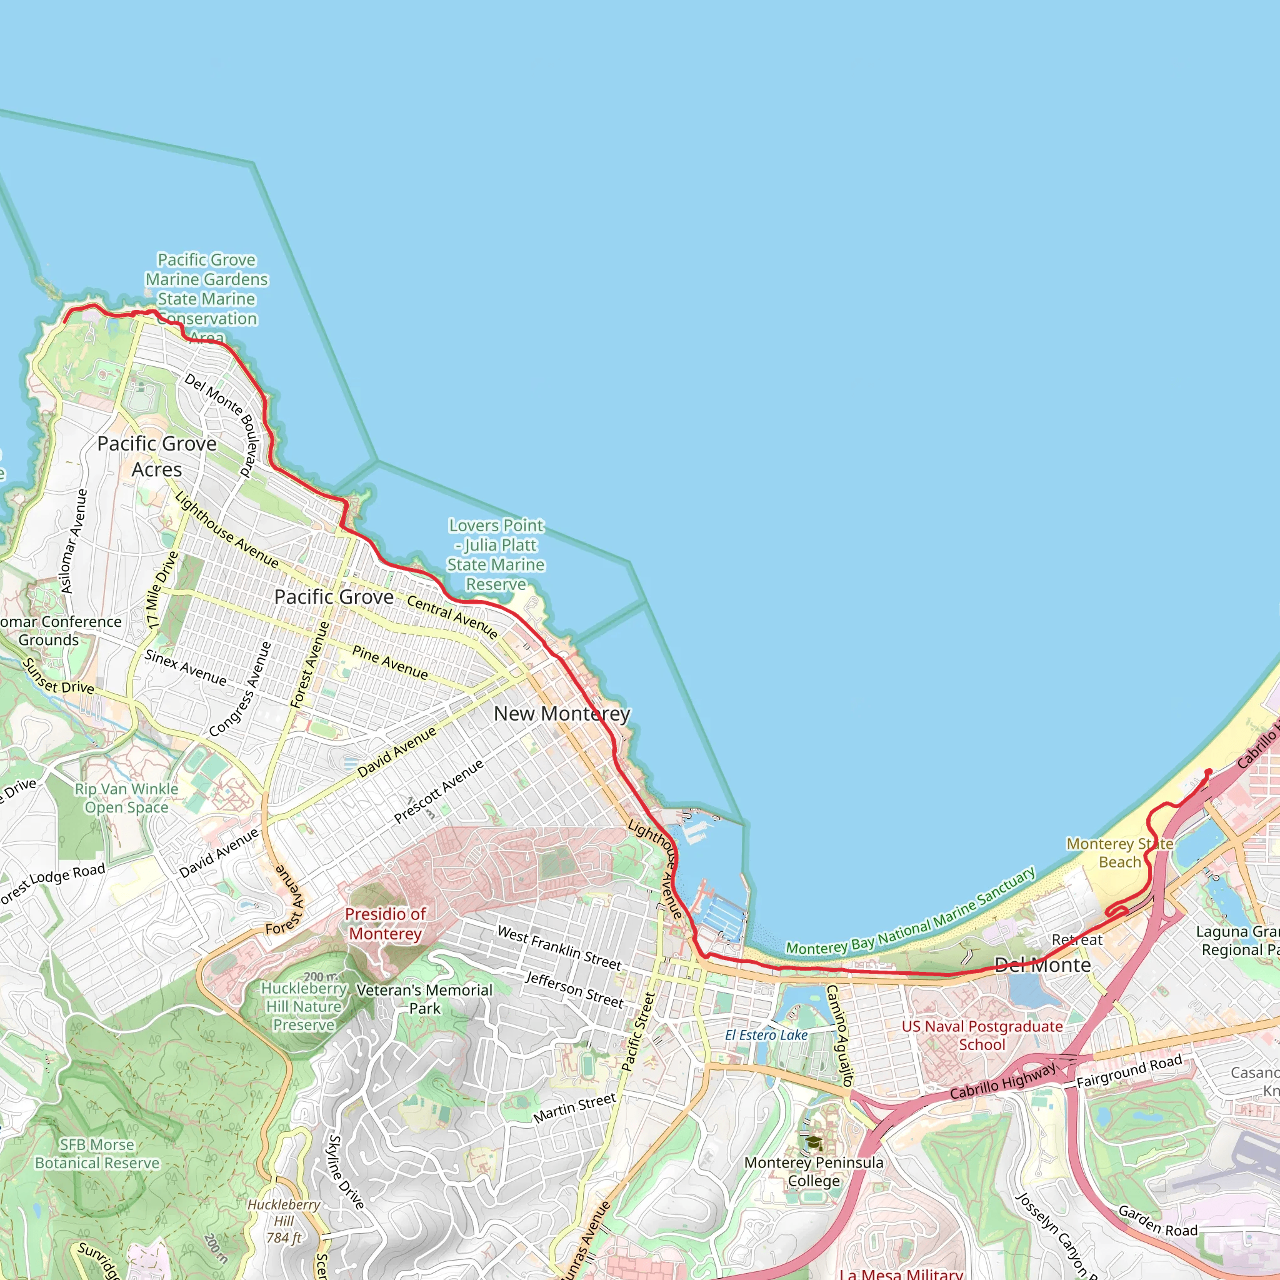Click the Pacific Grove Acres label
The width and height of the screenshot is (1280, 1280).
156,456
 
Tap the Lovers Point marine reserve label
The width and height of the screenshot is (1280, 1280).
496,554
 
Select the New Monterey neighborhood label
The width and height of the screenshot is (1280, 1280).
562,714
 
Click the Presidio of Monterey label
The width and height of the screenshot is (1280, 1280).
385,924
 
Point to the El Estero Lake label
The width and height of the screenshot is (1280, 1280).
766,1035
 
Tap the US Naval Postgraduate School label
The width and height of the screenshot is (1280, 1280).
982,1036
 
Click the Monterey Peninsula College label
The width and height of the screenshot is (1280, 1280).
814,1172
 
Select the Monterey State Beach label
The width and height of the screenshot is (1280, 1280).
1119,852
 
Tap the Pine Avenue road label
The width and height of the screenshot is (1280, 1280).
389,662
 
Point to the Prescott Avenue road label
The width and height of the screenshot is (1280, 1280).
439,791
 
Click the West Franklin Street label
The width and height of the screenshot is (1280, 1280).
559,948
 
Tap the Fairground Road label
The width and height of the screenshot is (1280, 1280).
1129,1071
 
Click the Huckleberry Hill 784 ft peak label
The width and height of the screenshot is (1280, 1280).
284,1221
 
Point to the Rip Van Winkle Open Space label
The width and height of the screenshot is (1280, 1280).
126,797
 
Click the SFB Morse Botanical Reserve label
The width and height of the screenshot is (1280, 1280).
97,1154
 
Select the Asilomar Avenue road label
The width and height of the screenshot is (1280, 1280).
74,541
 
